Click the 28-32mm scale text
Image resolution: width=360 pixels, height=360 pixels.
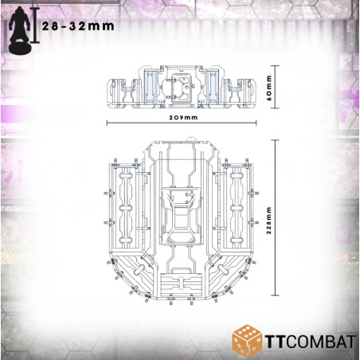(78, 26)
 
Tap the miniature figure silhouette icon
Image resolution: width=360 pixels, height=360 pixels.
(19, 30)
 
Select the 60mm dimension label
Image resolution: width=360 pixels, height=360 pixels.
(269, 88)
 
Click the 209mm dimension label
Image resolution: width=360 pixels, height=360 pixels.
(183, 118)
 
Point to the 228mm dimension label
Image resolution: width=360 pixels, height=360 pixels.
(269, 221)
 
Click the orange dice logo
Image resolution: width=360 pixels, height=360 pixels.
(247, 339)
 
